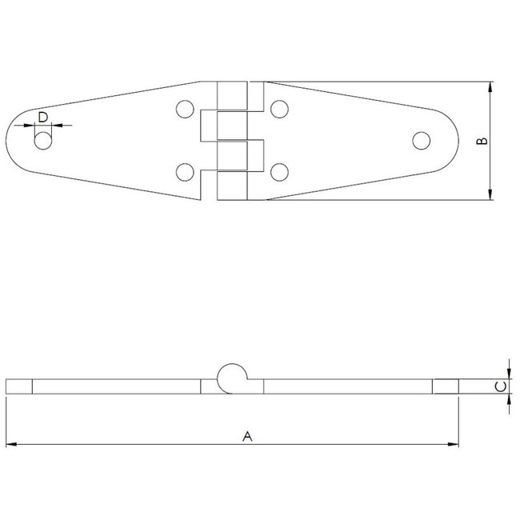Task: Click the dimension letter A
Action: [x=247, y=436]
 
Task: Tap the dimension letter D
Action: [x=44, y=118]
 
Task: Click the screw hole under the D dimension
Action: [x=43, y=141]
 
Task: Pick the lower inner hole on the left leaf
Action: [x=185, y=170]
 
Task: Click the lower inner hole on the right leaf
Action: [x=279, y=170]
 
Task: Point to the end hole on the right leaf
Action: [x=421, y=140]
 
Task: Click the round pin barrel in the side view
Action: [x=231, y=375]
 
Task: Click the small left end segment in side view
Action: [x=18, y=387]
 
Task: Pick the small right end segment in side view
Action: [x=446, y=387]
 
